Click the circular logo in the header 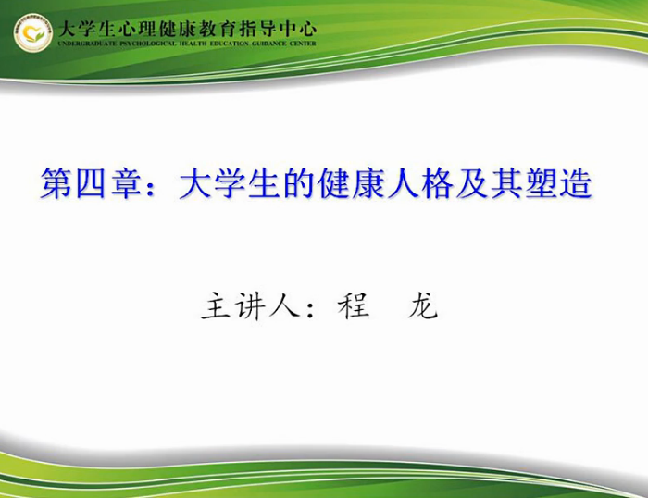[33, 32]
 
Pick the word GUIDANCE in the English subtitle [269, 44]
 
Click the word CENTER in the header [303, 44]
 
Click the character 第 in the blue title [56, 183]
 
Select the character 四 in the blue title [90, 183]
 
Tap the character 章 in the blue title [125, 183]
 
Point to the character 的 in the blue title [299, 183]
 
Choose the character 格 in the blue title [437, 183]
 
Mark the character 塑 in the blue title [542, 183]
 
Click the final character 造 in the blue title [576, 183]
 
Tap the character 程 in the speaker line [354, 305]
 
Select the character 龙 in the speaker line [422, 305]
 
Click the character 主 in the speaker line [216, 305]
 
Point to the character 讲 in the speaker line [250, 306]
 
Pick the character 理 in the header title [146, 30]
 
